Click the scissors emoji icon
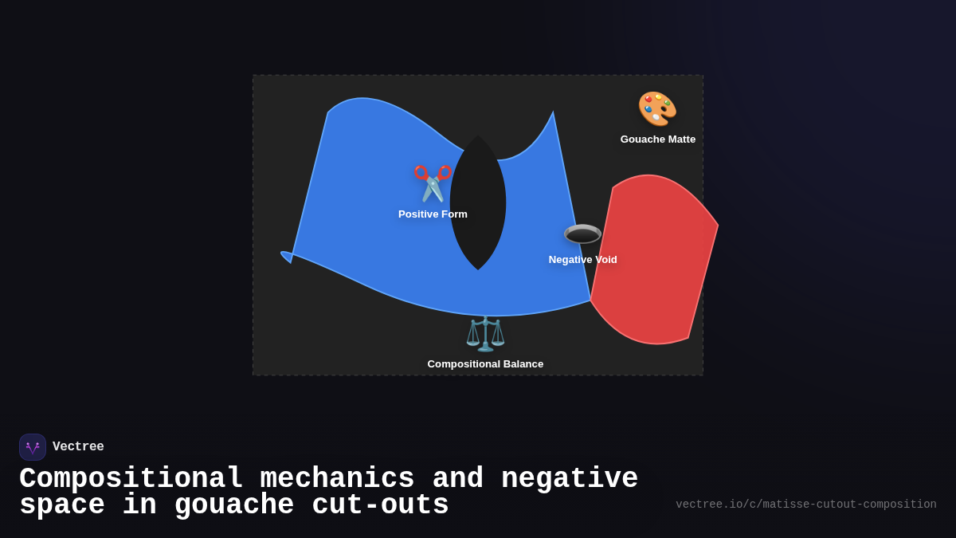pyautogui.click(x=433, y=183)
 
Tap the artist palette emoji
pyautogui.click(x=657, y=109)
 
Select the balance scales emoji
pyautogui.click(x=485, y=333)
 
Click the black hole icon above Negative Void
pyautogui.click(x=582, y=234)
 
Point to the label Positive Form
pyautogui.click(x=433, y=214)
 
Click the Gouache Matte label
pyautogui.click(x=658, y=139)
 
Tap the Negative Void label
pyautogui.click(x=582, y=260)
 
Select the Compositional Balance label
pyautogui.click(x=485, y=364)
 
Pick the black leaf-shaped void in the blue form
pyautogui.click(x=478, y=202)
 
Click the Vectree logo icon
pyautogui.click(x=33, y=447)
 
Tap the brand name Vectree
pyautogui.click(x=78, y=446)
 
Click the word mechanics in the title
pyautogui.click(x=337, y=478)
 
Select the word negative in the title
pyautogui.click(x=570, y=478)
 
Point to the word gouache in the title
pyautogui.click(x=234, y=505)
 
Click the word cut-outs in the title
pyautogui.click(x=380, y=505)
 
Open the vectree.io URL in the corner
pyautogui.click(x=806, y=505)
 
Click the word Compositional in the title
pyautogui.click(x=131, y=478)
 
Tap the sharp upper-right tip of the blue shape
pyautogui.click(x=553, y=112)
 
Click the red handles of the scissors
pyautogui.click(x=433, y=173)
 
